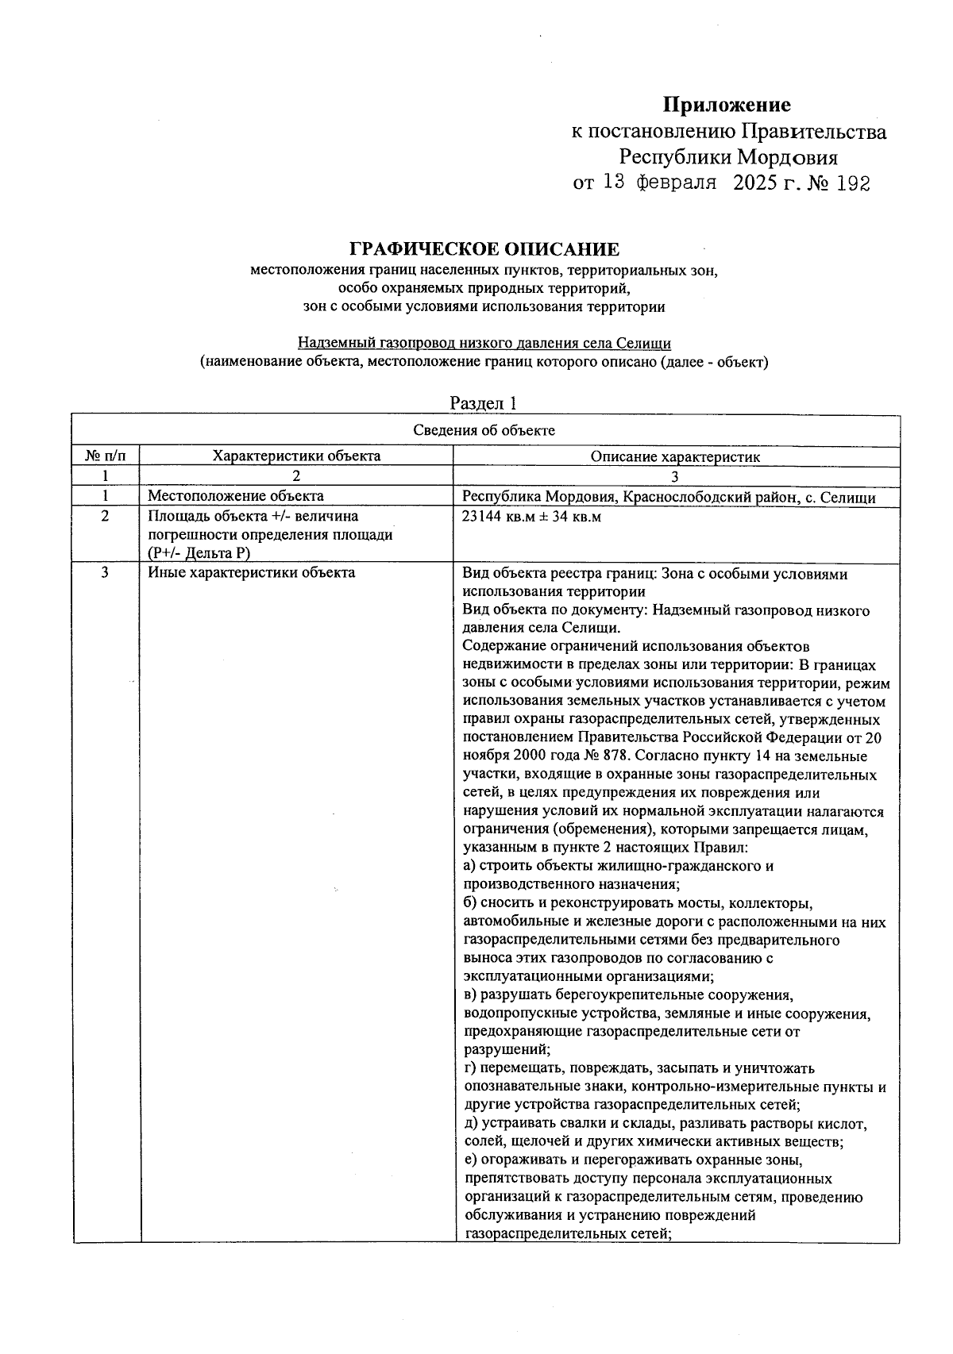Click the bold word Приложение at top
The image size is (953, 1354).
[x=727, y=105]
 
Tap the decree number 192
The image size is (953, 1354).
[x=854, y=184]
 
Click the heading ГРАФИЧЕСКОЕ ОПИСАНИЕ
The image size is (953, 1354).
[x=484, y=250]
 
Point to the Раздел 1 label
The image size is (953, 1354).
[x=484, y=403]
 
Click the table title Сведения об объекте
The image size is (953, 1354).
[x=484, y=430]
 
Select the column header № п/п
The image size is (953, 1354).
[x=105, y=456]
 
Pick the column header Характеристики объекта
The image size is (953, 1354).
[x=296, y=456]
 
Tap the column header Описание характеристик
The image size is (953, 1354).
[x=675, y=457]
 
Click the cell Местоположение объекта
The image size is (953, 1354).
[x=236, y=496]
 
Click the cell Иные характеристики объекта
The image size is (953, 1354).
[x=251, y=572]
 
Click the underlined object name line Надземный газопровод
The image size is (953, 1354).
[x=484, y=344]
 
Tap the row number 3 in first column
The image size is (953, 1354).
[x=105, y=572]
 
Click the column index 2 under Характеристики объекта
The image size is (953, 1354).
[x=296, y=477]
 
